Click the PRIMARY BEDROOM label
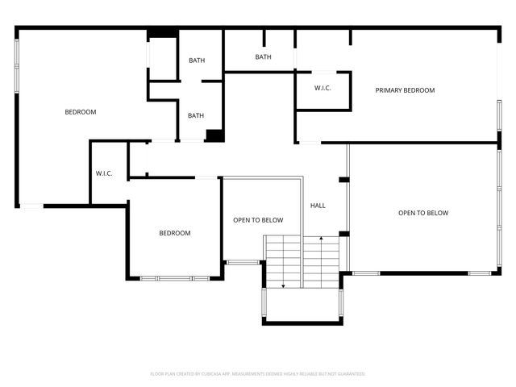pos(405,90)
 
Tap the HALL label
pos(318,206)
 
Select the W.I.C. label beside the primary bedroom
pos(322,88)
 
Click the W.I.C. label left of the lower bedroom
pos(104,173)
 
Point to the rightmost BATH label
pos(263,57)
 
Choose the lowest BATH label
pos(196,115)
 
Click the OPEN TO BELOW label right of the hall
pos(423,213)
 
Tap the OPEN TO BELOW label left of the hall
pos(258,219)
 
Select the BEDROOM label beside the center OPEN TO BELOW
pos(174,233)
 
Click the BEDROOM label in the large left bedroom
pos(81,112)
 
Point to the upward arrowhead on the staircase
pos(322,239)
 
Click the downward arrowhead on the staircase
pos(283,285)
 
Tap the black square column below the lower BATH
pos(214,135)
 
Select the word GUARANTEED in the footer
pos(348,374)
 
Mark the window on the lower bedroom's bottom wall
pos(175,278)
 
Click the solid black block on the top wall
pos(163,33)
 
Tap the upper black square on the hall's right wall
pos(343,179)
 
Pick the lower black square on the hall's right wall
pos(343,234)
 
